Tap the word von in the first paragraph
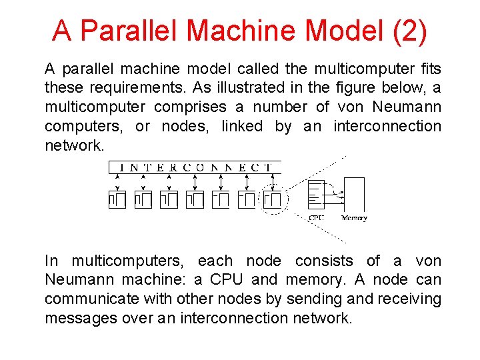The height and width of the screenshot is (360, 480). pyautogui.click(x=351, y=107)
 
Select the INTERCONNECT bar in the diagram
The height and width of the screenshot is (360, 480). pyautogui.click(x=195, y=167)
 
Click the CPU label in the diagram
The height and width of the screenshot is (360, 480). pyautogui.click(x=316, y=218)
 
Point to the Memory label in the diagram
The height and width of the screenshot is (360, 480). pyautogui.click(x=354, y=218)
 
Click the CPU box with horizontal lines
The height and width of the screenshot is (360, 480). pyautogui.click(x=316, y=194)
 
